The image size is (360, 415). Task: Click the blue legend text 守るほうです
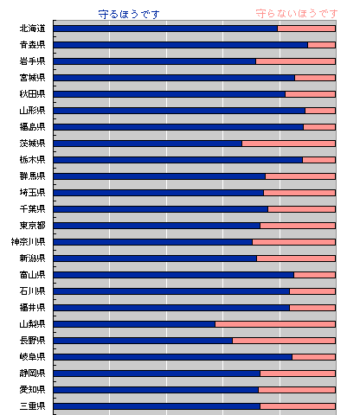point(129,14)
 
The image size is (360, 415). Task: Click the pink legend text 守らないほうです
point(297,13)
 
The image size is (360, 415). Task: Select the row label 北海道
point(32,29)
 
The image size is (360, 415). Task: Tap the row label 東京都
point(32,226)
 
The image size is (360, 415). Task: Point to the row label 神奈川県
point(28,242)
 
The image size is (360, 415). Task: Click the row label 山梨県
point(32,324)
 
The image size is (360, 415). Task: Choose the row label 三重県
point(32,406)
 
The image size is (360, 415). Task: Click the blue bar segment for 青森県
point(181,45)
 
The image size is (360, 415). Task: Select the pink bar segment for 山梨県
point(275,324)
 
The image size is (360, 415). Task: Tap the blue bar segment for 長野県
point(143,341)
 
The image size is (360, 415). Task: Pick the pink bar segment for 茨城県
point(288,144)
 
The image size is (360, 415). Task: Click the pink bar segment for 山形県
point(320,111)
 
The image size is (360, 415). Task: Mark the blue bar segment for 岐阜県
point(173,357)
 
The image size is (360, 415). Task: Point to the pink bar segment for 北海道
point(306,29)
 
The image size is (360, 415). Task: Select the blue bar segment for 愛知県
point(156,390)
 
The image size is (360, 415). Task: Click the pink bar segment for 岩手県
point(296,61)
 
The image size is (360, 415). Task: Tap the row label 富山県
point(32,275)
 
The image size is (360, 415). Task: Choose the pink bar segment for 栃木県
point(319,160)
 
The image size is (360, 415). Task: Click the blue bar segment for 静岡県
point(157,373)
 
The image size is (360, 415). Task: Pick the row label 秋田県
point(32,94)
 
